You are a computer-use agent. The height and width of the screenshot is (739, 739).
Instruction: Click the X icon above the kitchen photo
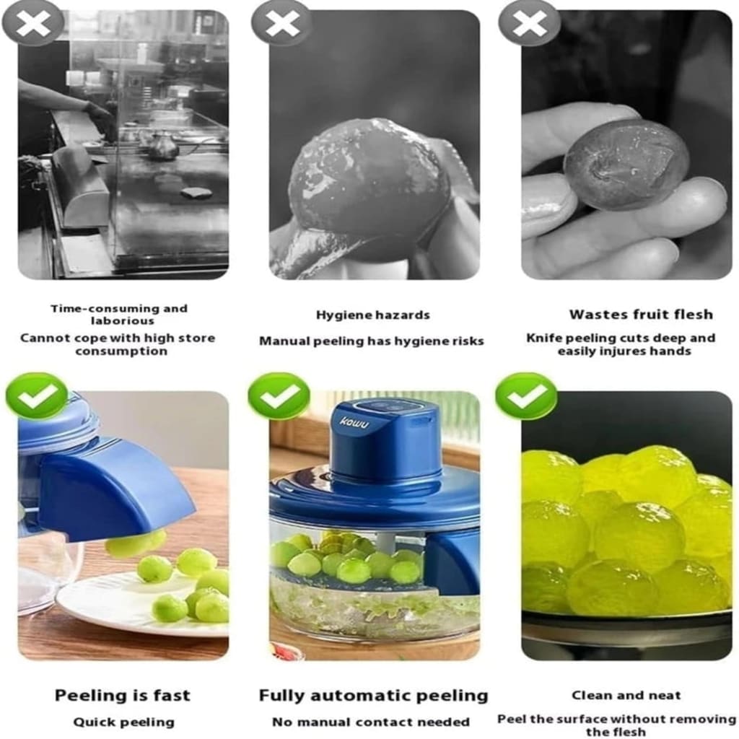click(x=32, y=23)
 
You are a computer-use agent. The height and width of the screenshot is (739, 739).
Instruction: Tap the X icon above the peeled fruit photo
click(x=281, y=23)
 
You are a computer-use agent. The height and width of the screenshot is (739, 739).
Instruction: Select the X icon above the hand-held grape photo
click(x=529, y=23)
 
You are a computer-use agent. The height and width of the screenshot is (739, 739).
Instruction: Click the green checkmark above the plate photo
click(x=36, y=395)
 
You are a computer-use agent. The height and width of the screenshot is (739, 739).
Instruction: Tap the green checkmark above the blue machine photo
click(x=279, y=395)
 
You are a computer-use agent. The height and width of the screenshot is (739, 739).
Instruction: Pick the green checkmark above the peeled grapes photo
click(x=526, y=395)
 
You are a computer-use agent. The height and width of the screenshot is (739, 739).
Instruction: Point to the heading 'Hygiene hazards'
click(x=372, y=315)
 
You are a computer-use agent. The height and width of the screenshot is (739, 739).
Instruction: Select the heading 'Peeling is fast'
click(x=123, y=696)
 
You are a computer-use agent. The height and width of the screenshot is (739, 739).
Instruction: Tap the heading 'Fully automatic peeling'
click(x=373, y=696)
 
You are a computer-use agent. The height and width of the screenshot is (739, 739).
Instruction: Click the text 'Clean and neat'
click(x=626, y=695)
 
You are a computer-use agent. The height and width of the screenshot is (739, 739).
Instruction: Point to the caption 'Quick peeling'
click(x=123, y=722)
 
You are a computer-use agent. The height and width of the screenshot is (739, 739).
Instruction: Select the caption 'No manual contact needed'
click(x=371, y=722)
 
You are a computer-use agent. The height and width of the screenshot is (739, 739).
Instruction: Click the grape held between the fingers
click(x=625, y=165)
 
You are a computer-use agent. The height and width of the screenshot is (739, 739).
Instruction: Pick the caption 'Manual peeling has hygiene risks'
click(x=372, y=341)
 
